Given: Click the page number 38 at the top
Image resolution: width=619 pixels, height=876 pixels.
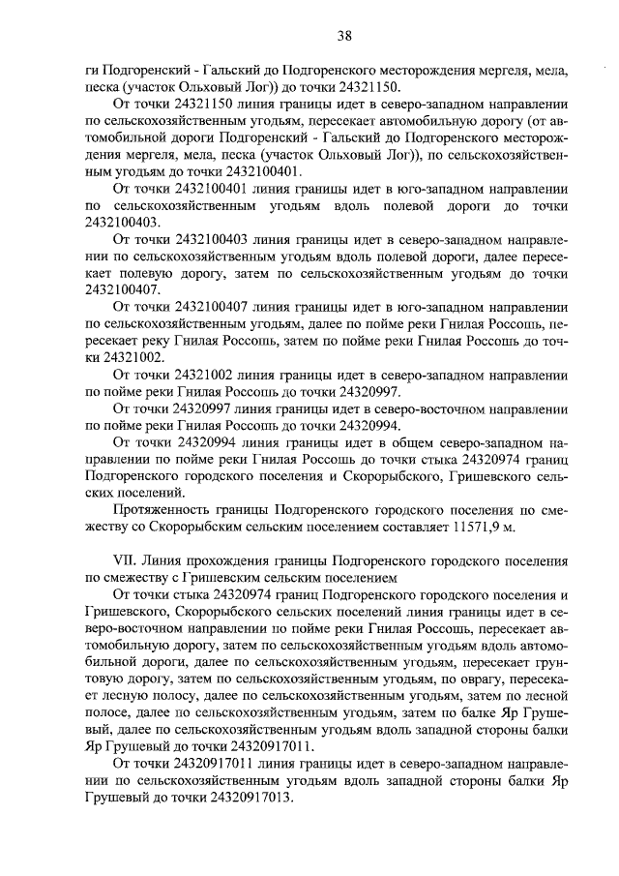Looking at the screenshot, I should click(344, 37).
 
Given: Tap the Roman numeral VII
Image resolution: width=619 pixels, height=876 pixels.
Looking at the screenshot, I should click(123, 559).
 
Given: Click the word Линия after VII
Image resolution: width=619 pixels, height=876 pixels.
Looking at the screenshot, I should click(162, 559).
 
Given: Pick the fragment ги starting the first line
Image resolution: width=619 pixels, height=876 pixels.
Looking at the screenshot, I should click(93, 71).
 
